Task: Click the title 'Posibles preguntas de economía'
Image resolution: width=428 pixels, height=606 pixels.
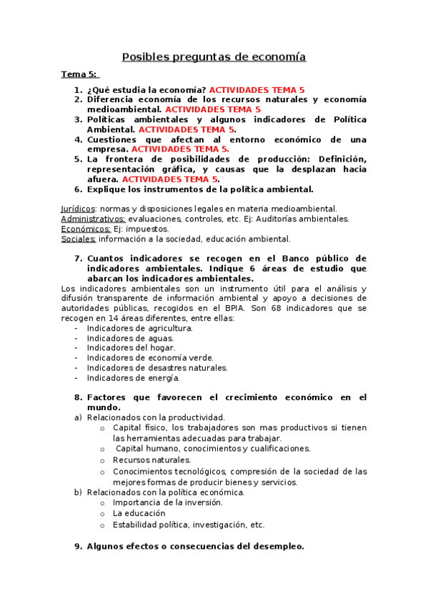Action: (214, 56)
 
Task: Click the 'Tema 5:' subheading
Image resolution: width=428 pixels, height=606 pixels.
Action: (79, 74)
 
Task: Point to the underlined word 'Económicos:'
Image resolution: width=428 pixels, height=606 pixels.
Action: (85, 229)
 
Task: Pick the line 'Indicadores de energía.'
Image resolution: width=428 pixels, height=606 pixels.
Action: (133, 377)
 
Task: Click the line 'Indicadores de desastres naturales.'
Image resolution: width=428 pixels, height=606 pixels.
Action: (157, 367)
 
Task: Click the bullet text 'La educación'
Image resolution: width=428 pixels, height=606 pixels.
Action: (139, 513)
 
